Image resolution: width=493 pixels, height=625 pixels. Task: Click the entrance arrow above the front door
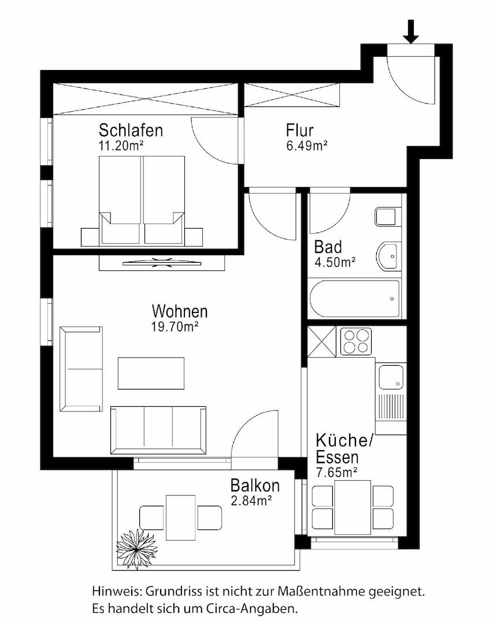[x=410, y=31]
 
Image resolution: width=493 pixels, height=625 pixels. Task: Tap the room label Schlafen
[x=131, y=130]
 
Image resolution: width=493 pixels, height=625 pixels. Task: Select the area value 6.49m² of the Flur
[x=307, y=145]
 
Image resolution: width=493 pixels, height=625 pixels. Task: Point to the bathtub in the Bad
[x=354, y=299]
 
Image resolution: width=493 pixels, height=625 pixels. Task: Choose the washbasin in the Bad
[x=388, y=256]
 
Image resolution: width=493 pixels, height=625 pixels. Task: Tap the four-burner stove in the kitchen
[x=355, y=341]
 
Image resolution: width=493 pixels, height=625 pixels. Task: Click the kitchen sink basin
[x=391, y=377]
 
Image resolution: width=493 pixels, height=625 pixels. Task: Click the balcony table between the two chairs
[x=180, y=517]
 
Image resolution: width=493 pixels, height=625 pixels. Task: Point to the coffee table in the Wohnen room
[x=151, y=373]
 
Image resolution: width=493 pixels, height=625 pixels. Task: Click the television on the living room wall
[x=161, y=262]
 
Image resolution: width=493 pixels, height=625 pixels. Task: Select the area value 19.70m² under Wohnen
[x=175, y=327]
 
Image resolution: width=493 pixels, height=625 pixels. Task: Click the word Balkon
[x=255, y=486]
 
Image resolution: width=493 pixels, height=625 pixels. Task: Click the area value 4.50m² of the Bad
[x=335, y=262]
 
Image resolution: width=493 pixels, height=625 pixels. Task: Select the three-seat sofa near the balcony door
[x=158, y=431]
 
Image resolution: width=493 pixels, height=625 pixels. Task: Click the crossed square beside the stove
[x=322, y=341]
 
